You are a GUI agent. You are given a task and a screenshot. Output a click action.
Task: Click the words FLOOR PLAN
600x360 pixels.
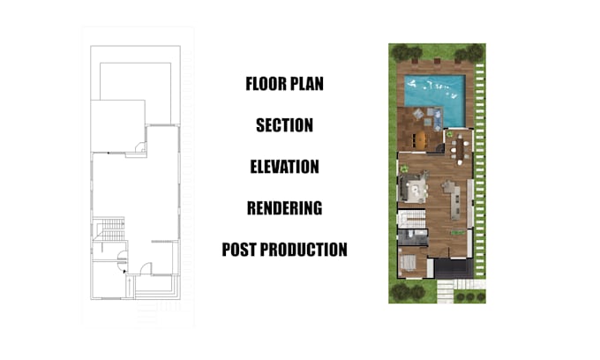[x=284, y=85]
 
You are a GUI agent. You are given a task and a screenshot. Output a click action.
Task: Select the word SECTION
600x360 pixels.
[x=284, y=125]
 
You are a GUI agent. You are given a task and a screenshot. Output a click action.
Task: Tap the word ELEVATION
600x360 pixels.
[x=284, y=166]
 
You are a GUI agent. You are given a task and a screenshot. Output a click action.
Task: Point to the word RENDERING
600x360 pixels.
[x=284, y=208]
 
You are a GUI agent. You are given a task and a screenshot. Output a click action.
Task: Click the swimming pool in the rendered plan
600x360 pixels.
[x=434, y=89]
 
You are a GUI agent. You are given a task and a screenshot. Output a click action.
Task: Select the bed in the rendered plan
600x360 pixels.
[x=409, y=263]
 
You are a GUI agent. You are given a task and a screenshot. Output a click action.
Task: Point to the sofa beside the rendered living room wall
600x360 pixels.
[x=410, y=187]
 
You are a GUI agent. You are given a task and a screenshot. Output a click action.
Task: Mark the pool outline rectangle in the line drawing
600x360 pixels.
[x=135, y=81]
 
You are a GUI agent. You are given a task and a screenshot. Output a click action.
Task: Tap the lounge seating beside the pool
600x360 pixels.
[x=430, y=116]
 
